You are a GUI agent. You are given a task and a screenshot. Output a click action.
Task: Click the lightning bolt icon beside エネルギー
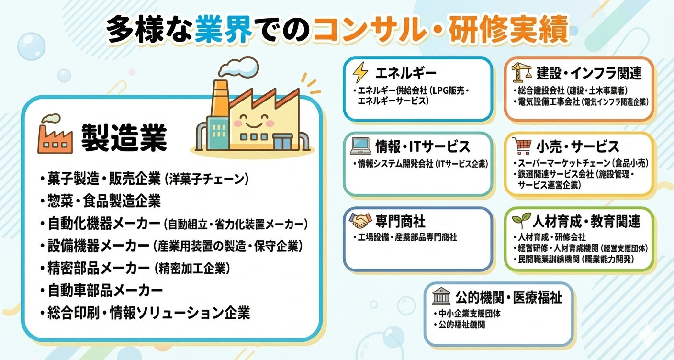(360, 72)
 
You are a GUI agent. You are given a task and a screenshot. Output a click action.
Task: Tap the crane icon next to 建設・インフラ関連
(521, 72)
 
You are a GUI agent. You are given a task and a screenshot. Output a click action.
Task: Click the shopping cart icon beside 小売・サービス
(522, 146)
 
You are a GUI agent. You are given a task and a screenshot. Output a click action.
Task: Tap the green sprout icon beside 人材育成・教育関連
(521, 220)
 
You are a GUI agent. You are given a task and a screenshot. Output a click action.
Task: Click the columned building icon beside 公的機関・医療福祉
(441, 296)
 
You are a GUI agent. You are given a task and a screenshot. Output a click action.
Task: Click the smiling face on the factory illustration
(253, 121)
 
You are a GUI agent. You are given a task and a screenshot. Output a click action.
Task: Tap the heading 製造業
(124, 138)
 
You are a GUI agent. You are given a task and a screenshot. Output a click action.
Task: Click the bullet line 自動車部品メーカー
(101, 291)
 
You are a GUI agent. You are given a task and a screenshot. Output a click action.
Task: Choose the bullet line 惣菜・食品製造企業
(101, 201)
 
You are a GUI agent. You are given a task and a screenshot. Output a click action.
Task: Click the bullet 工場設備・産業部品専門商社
(405, 237)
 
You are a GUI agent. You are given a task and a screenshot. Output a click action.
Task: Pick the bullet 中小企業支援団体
(467, 314)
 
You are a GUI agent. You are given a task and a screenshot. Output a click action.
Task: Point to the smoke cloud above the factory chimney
(239, 67)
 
